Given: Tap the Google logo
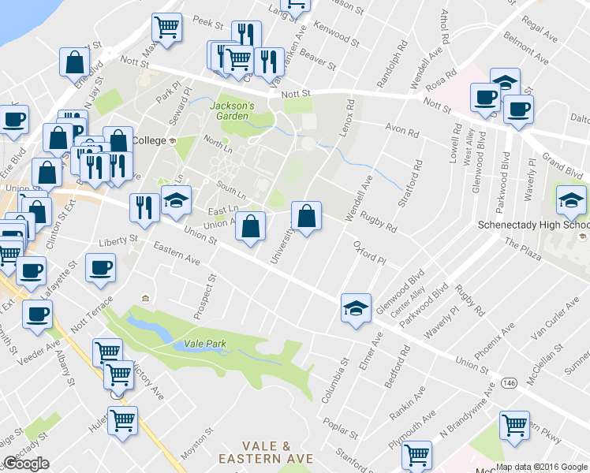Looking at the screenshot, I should [x=26, y=464].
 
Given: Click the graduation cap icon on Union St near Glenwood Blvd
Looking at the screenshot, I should [x=356, y=307].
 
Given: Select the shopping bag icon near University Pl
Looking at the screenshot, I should [x=306, y=215].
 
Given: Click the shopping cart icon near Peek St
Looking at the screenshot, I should [x=167, y=27].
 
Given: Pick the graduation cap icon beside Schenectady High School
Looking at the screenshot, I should [x=571, y=200].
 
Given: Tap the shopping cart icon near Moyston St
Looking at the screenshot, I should [x=122, y=421].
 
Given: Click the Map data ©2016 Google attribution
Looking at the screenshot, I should [x=542, y=467].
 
